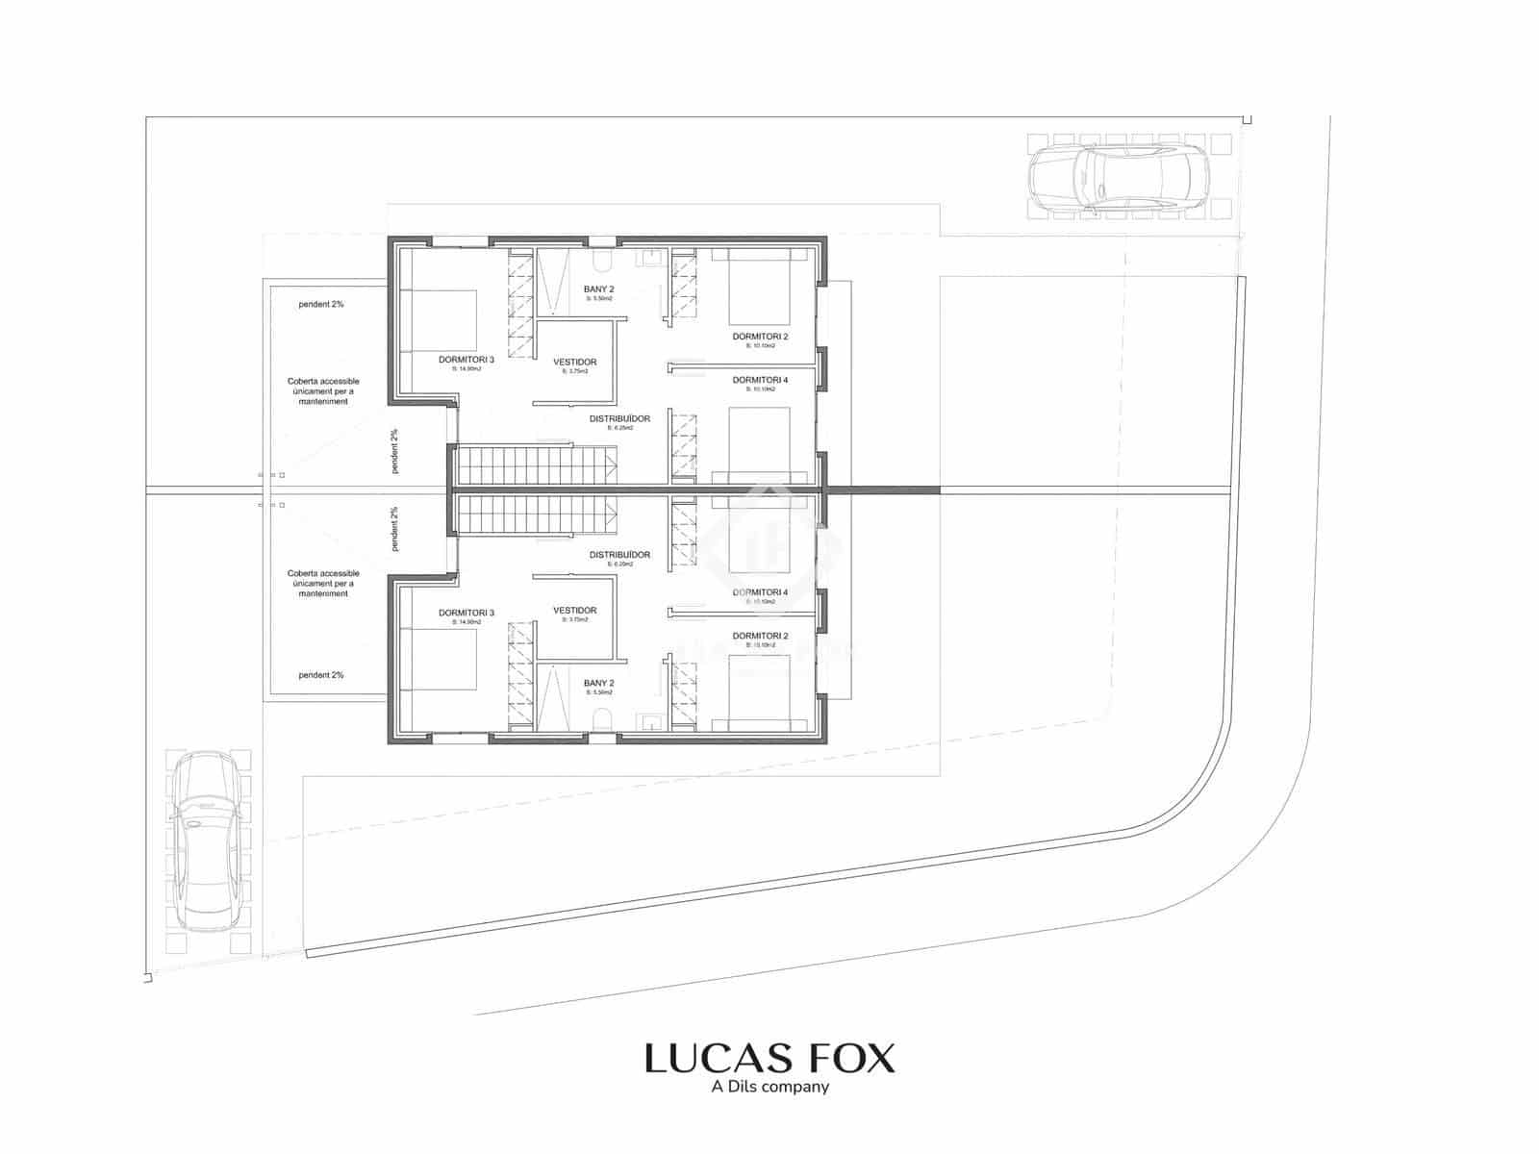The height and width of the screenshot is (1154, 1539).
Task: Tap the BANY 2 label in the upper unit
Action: pos(598,289)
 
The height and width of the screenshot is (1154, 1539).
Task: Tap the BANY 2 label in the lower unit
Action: pos(598,684)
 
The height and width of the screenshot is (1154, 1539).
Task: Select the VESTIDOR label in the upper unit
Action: pos(575,363)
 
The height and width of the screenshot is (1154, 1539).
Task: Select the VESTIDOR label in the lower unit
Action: pos(575,611)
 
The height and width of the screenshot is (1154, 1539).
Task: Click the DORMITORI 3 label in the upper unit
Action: pos(467,360)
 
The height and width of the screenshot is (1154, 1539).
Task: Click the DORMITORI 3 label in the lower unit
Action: pos(467,613)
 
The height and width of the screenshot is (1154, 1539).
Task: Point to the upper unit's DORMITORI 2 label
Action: pos(760,337)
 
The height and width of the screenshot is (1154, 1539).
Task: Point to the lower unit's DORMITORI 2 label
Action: pos(760,636)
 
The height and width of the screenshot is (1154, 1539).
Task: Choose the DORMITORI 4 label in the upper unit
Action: pos(760,380)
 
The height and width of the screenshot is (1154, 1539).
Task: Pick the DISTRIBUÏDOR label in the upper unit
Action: pos(619,418)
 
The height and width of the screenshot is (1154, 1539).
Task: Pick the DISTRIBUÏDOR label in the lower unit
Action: pos(619,555)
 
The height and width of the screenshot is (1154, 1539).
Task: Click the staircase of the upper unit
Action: pos(534,465)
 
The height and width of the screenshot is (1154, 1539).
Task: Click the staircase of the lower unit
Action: pos(534,515)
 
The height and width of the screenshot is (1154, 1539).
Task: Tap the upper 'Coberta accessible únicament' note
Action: pos(323,391)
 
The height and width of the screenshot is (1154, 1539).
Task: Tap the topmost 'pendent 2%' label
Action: pos(321,304)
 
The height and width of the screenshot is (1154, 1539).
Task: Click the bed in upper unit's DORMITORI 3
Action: pos(438,320)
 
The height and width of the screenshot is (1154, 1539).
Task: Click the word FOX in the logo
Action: pos(840,1058)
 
